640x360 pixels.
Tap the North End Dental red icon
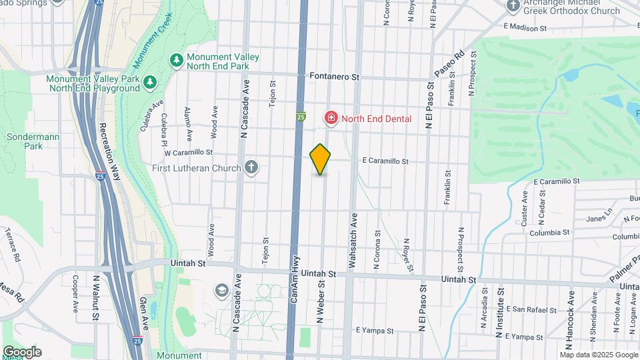pyautogui.click(x=331, y=118)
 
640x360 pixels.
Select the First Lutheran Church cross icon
pyautogui.click(x=251, y=167)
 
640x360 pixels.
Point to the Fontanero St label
pyautogui.click(x=334, y=77)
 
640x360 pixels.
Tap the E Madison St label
pyautogui.click(x=525, y=28)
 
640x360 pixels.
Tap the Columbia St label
pyautogui.click(x=550, y=233)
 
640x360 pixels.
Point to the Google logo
pyautogui.click(x=22, y=352)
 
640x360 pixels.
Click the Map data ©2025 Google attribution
pyautogui.click(x=598, y=355)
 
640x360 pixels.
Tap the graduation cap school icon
pyautogui.click(x=221, y=291)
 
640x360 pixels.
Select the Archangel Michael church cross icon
pyautogui.click(x=513, y=6)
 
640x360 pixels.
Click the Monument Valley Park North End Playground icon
pyautogui.click(x=150, y=83)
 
